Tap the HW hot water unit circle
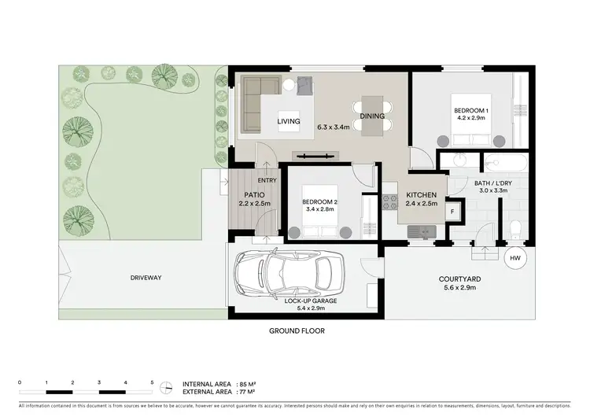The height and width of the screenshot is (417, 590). coord(515,258)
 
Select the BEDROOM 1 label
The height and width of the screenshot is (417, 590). coord(470,110)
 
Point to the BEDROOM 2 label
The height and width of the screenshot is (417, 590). coord(320,201)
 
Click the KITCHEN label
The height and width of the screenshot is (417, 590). coord(420,196)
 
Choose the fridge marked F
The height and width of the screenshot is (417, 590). coord(453,212)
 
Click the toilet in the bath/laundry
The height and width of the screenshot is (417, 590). coord(515,229)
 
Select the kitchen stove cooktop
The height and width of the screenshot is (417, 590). coord(389,201)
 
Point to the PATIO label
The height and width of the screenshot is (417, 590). coord(254,195)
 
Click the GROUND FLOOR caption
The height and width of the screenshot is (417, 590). coord(297,331)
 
